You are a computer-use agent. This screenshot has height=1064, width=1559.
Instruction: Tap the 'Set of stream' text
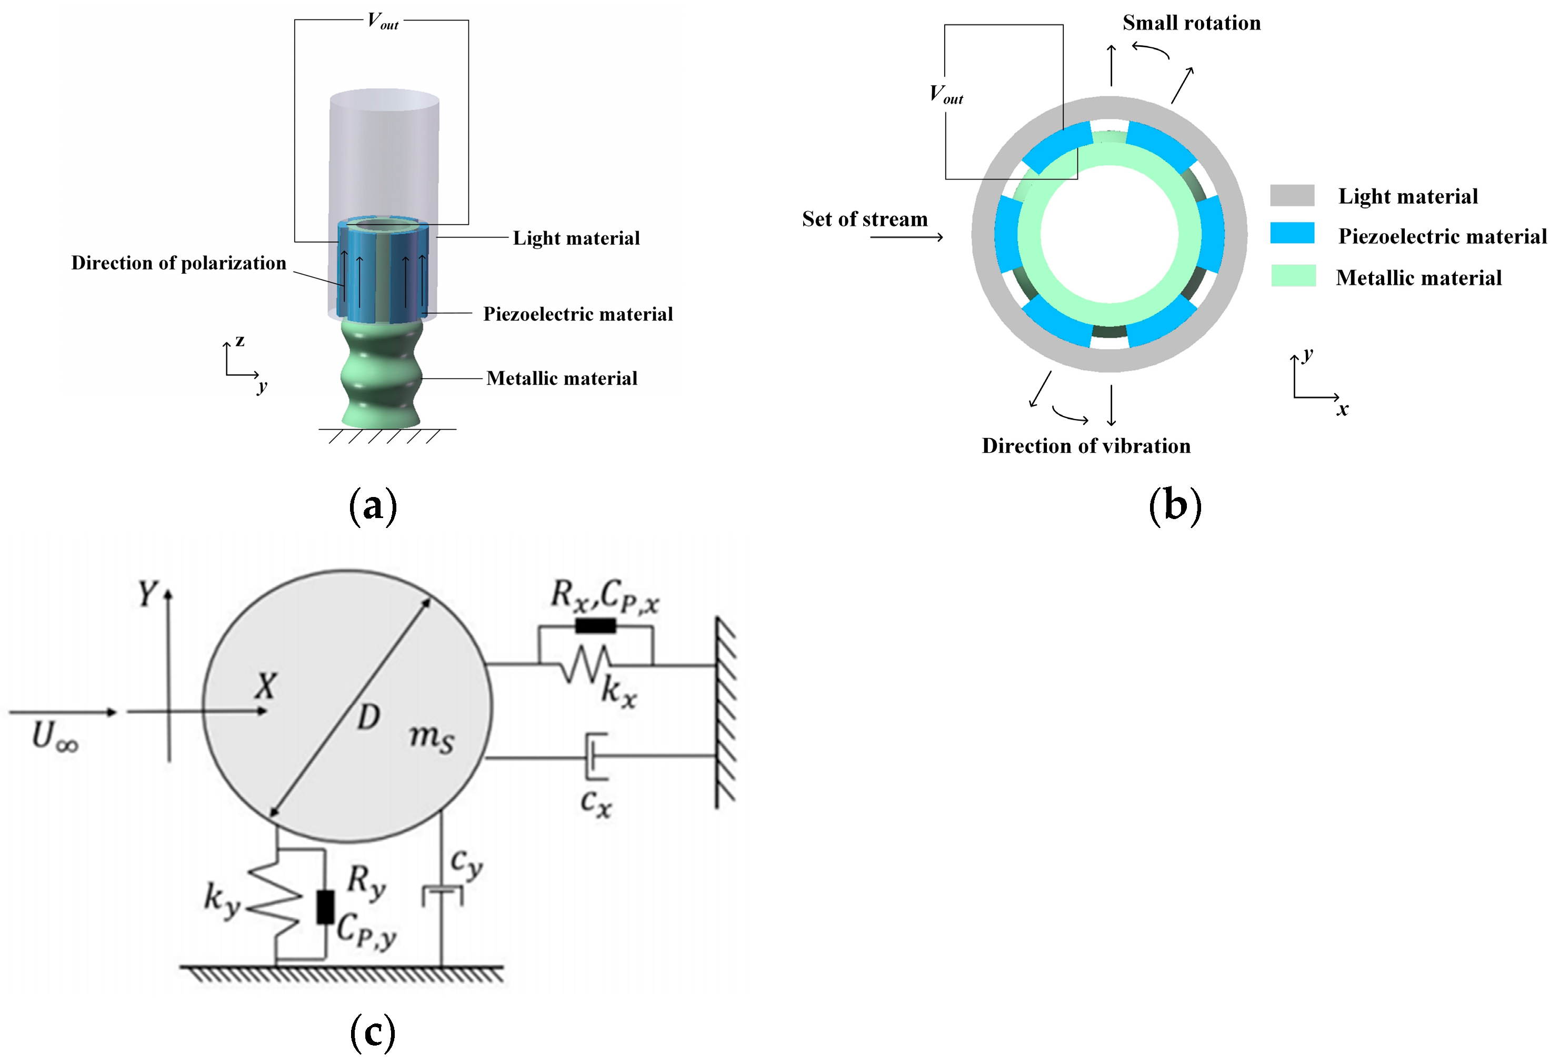coord(865,220)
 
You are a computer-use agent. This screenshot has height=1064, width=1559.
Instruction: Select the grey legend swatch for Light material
coord(1292,195)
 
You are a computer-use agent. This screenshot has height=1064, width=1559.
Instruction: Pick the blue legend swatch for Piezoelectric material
coord(1292,233)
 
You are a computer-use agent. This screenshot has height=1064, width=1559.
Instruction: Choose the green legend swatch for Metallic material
coord(1293,276)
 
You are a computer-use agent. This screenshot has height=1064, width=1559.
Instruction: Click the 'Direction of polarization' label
coord(178,263)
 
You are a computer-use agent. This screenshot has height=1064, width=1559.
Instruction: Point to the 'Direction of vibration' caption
coord(1086,446)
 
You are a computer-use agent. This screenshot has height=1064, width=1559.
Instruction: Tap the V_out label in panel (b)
coord(946,95)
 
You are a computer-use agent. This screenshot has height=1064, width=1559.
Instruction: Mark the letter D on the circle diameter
coord(368,718)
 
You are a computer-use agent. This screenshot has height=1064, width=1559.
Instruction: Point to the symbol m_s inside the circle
coord(432,738)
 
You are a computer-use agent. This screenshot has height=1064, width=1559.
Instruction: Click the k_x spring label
coord(618,691)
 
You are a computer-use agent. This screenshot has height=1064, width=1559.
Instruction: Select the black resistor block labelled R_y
coord(325,908)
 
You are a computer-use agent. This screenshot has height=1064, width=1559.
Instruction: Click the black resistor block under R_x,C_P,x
coord(595,627)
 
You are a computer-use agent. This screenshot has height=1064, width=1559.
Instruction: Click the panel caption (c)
coord(373,1032)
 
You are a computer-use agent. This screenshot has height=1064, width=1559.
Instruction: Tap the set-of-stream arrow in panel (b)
coord(907,237)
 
